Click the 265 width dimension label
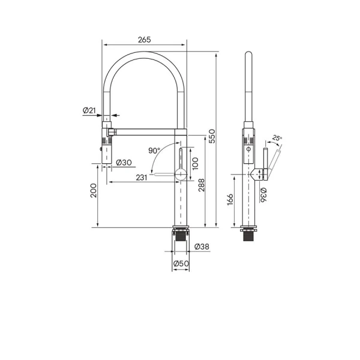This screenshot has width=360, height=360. pyautogui.click(x=145, y=40)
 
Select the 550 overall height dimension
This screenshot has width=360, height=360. pyautogui.click(x=212, y=136)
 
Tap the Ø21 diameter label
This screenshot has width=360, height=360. pyautogui.click(x=89, y=110)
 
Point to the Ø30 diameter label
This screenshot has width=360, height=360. pyautogui.click(x=124, y=163)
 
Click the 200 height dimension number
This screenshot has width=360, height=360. pyautogui.click(x=94, y=190)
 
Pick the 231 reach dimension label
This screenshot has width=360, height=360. pyautogui.click(x=142, y=178)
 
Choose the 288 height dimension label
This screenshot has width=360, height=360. pyautogui.click(x=201, y=185)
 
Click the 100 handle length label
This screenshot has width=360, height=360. pyautogui.click(x=195, y=163)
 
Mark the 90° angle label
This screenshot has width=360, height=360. pyautogui.click(x=154, y=151)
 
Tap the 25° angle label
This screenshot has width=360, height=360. pyautogui.click(x=277, y=138)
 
